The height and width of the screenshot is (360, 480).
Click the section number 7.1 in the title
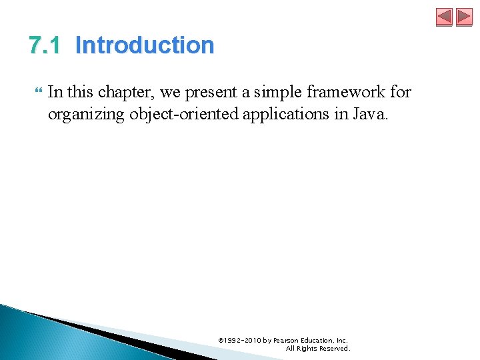coord(45,45)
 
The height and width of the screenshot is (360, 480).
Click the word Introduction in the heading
coord(145,45)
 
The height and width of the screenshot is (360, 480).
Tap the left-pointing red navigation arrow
coord(444,17)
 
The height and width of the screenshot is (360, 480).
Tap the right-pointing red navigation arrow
coord(464,17)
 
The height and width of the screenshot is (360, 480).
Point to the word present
coord(215,92)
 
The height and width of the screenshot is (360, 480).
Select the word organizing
coord(85,114)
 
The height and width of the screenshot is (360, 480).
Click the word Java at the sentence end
coord(371,114)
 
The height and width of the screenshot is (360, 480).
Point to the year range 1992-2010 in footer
coord(243,341)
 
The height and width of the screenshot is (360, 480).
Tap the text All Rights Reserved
coord(317,349)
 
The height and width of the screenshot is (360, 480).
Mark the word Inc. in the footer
coord(342,341)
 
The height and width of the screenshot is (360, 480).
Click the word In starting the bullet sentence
coord(56,92)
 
